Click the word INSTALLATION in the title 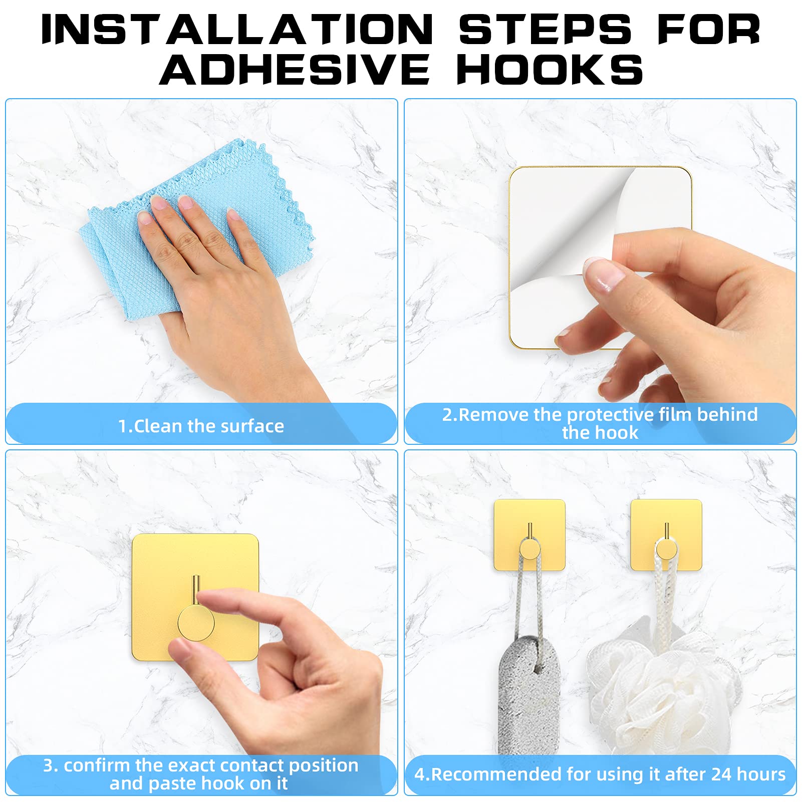click(x=237, y=30)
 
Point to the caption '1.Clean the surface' click(x=201, y=426)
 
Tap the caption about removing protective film click(x=600, y=423)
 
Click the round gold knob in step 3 click(x=196, y=623)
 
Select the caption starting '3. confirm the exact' click(x=200, y=774)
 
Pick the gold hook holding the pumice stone click(x=529, y=535)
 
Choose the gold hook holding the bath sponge click(x=666, y=535)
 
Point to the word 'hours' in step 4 click(x=761, y=774)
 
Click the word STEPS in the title click(x=546, y=30)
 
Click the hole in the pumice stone click(x=538, y=667)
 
